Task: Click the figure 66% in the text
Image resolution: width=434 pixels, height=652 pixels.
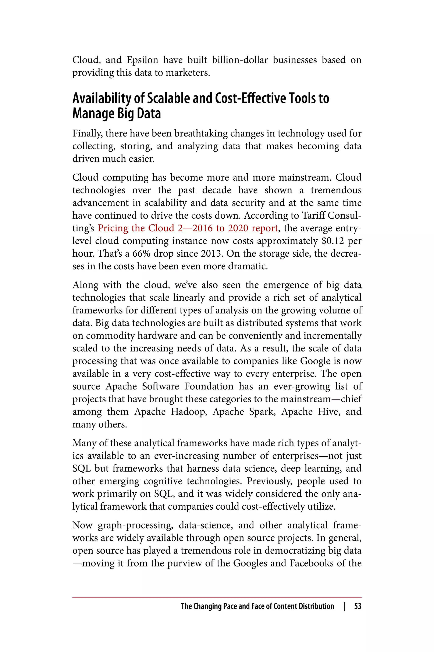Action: pos(141,254)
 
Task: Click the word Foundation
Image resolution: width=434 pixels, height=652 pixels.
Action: pos(209,386)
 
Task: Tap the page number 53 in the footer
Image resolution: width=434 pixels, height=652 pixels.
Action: pos(358,607)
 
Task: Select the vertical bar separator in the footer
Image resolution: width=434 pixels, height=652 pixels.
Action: pos(344,607)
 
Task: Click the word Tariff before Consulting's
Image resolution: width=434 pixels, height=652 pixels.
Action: pos(313,215)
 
